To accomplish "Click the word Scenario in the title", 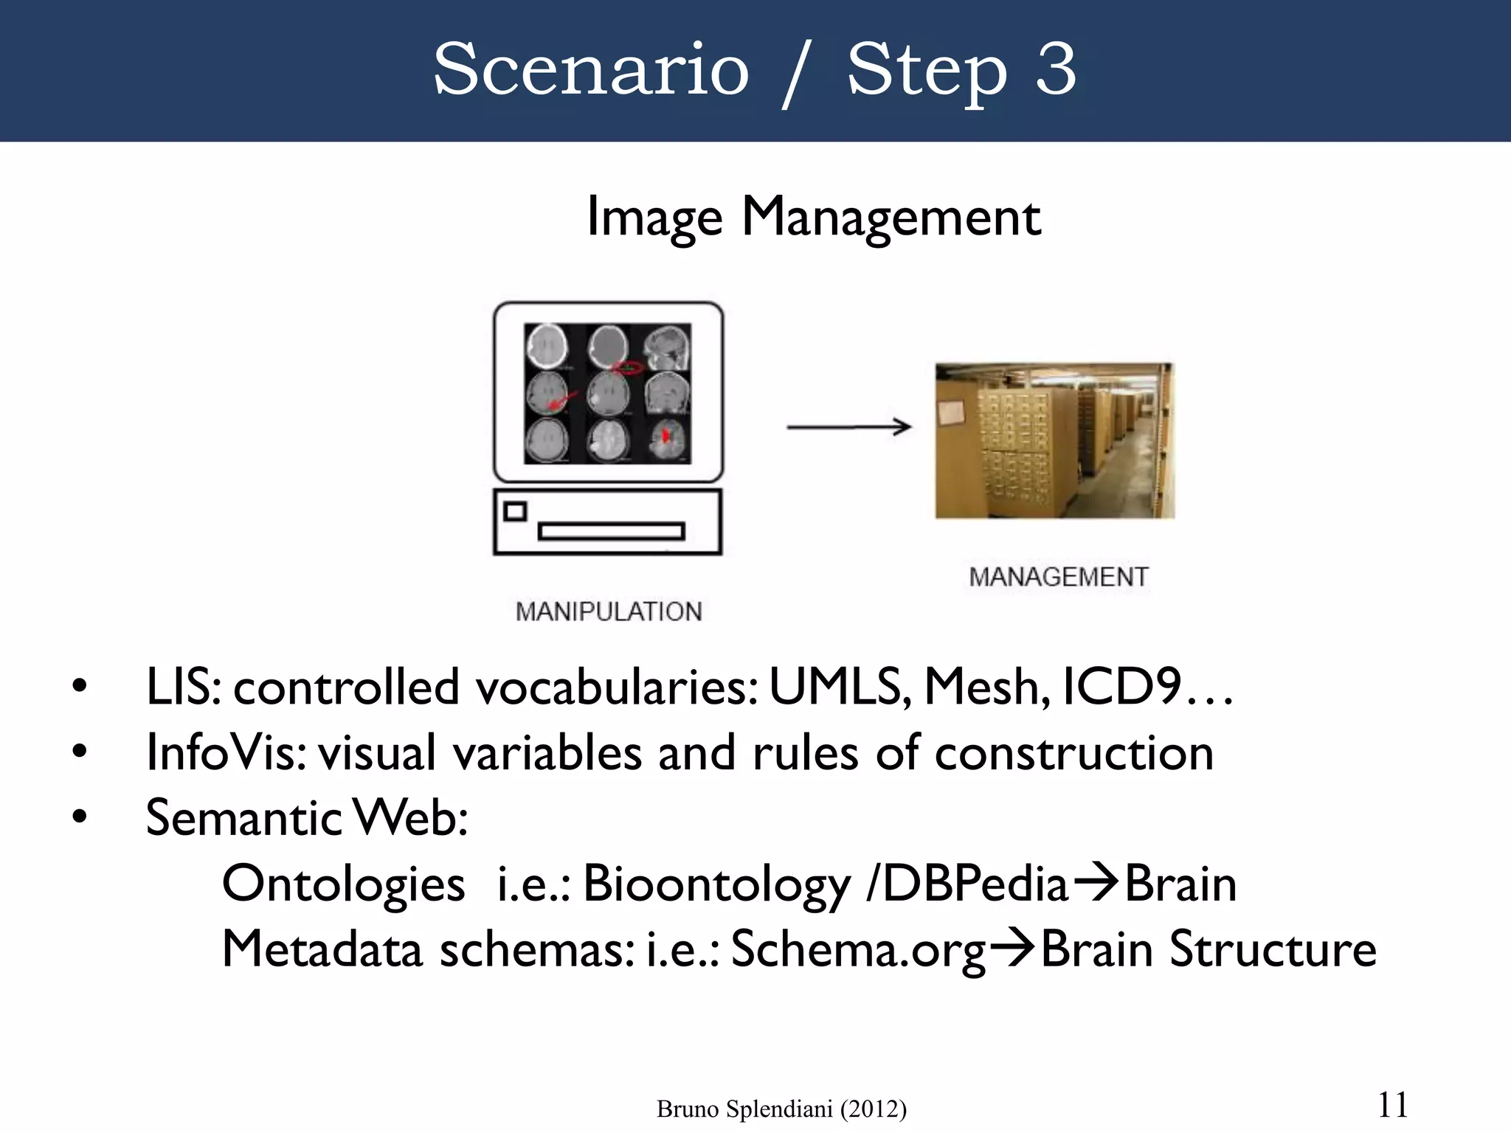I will point(591,69).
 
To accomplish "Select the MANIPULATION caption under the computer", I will point(609,611).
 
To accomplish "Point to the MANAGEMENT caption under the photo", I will point(1059,577).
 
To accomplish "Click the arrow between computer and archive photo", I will point(848,426).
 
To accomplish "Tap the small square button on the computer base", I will point(515,511).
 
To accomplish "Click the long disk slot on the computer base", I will point(611,531).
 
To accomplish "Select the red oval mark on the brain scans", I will point(627,367).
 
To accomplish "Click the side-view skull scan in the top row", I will point(667,348).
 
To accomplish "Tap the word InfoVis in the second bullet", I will point(226,752).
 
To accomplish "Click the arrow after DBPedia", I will point(1095,883).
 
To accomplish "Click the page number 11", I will point(1392,1105).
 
